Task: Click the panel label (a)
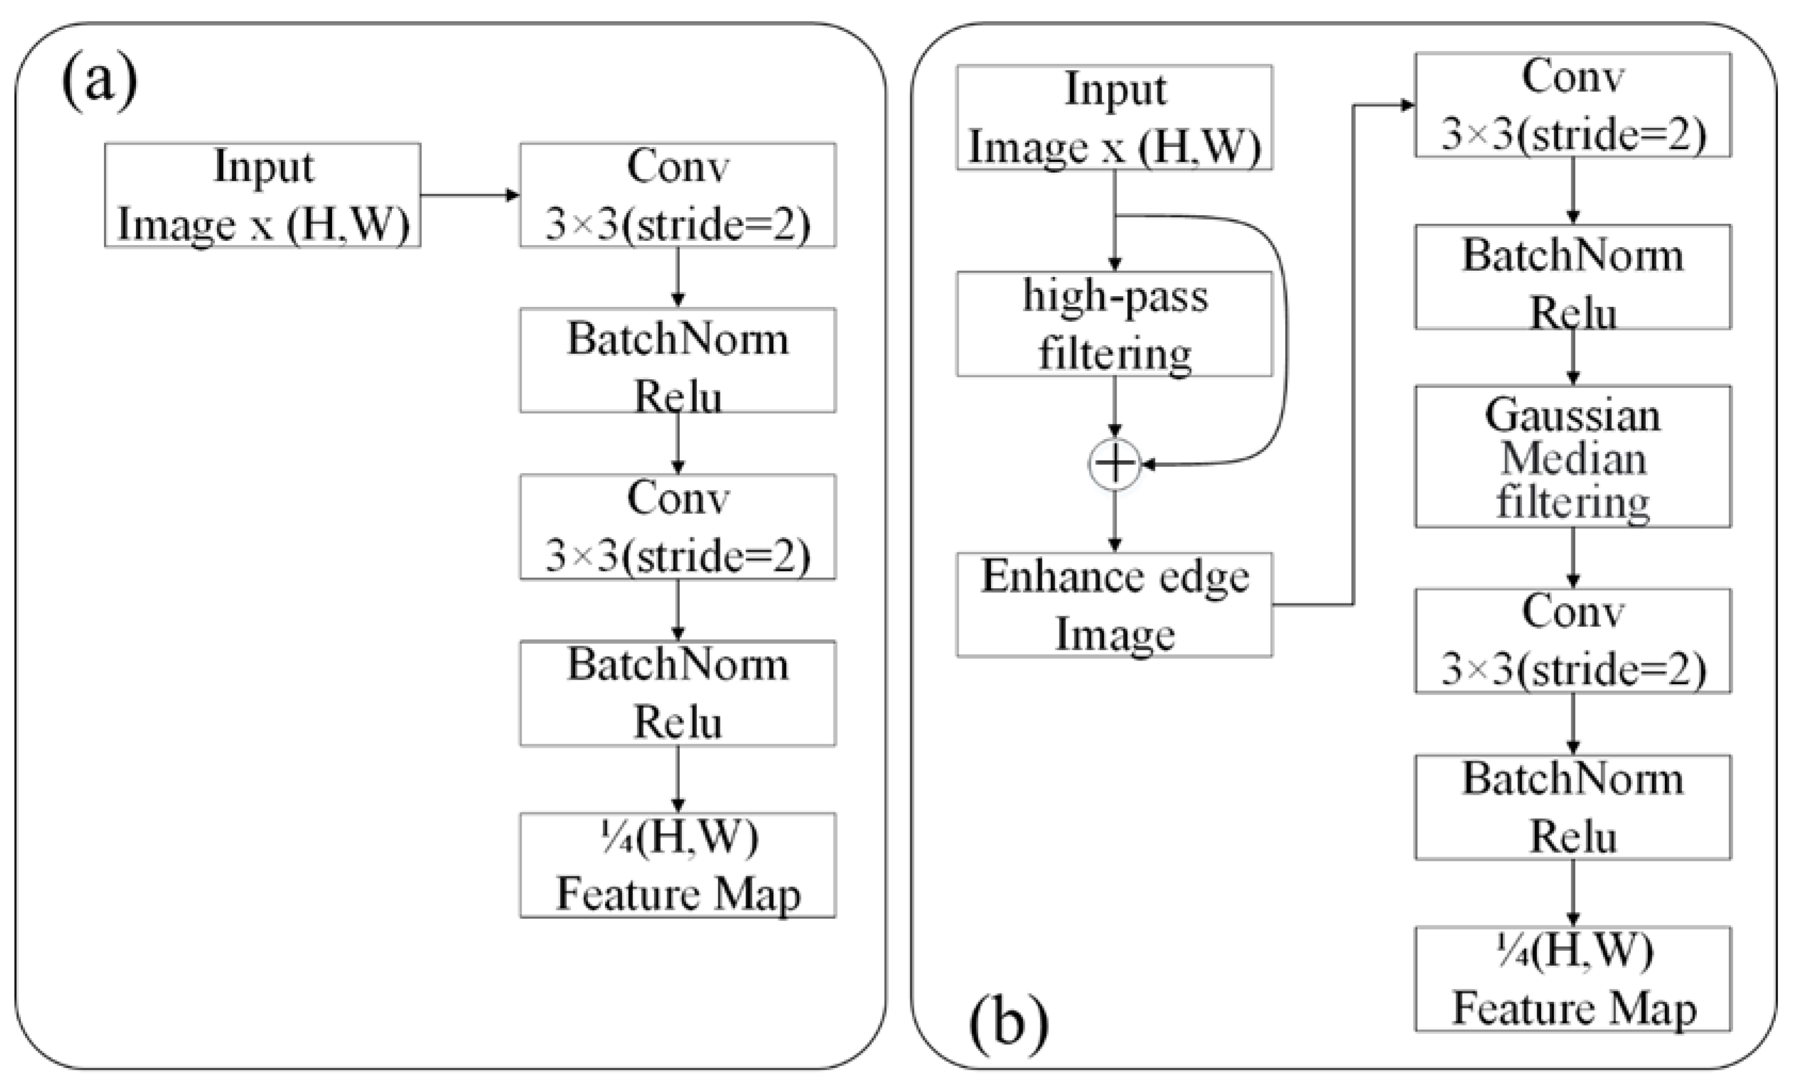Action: pos(100,82)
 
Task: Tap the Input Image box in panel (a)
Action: pos(262,195)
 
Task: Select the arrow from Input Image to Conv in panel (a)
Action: pos(470,195)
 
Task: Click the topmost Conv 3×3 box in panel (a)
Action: pos(677,195)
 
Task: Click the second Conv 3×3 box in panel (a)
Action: pos(677,526)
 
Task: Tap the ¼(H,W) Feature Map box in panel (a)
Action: pos(677,865)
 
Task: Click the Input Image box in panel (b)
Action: pos(1114,118)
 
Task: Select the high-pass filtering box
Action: pos(1114,324)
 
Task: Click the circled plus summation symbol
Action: pos(1114,464)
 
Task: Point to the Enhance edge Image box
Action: pos(1114,605)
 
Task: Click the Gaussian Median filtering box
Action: pos(1573,457)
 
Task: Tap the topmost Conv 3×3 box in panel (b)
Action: pos(1573,105)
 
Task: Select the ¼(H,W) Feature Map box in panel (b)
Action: pos(1573,979)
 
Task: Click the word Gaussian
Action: pos(1573,417)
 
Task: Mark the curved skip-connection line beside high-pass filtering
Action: pos(1285,335)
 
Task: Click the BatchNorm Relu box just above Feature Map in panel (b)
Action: pos(1573,808)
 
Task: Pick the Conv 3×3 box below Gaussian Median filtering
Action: pos(1573,641)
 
